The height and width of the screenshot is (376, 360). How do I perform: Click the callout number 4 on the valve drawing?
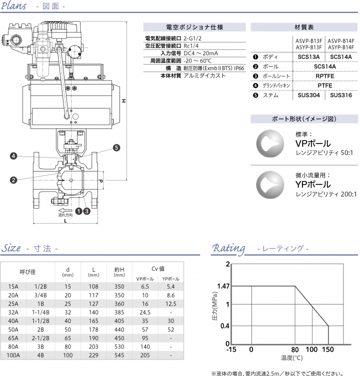pos(14,156)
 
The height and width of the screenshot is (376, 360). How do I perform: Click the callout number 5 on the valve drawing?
pos(116,147)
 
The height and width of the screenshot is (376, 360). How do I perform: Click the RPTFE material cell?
pos(325,75)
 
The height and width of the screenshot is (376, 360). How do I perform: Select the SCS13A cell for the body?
pos(308,56)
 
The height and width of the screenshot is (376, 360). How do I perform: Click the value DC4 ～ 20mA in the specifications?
pos(201,53)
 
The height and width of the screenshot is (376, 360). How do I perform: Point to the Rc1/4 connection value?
pos(191,45)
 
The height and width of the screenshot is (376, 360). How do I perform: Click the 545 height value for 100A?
pos(119,355)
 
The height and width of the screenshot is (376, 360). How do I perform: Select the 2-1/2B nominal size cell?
pos(40,338)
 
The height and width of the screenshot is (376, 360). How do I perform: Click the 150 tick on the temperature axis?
pos(327,350)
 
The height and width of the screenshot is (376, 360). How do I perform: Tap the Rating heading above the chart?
pos(229,248)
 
